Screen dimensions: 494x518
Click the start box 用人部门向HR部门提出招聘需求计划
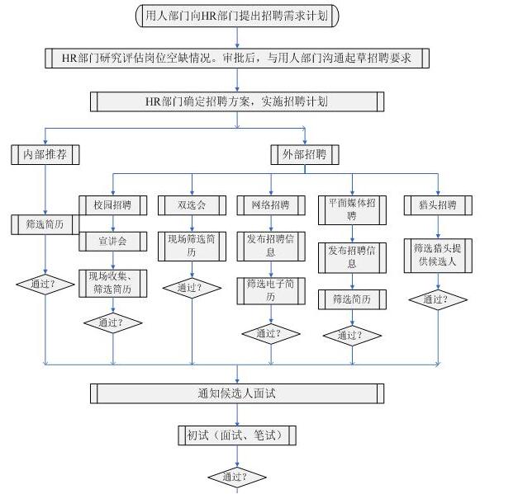[x=237, y=15]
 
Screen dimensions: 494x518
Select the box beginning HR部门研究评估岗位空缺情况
[x=237, y=58]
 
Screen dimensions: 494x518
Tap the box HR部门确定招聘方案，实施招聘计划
[x=237, y=101]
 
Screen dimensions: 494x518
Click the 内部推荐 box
[x=45, y=154]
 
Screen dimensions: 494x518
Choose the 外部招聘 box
[x=305, y=154]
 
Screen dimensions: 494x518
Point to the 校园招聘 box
[x=113, y=205]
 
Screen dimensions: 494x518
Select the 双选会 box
[x=192, y=205]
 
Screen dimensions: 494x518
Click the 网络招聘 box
[x=270, y=205]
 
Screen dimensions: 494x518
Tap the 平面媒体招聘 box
[x=352, y=209]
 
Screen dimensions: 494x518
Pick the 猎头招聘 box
[x=437, y=205]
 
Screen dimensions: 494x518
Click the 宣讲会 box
[x=113, y=242]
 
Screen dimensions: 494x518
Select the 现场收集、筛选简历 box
[x=113, y=283]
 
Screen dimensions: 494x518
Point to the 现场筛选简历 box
[x=192, y=246]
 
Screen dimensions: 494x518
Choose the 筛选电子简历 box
[x=270, y=290]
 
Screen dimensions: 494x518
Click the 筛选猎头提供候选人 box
[x=437, y=256]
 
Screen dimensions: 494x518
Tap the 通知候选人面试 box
[x=237, y=393]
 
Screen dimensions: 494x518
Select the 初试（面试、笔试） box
[x=237, y=435]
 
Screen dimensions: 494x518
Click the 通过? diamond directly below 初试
[x=237, y=477]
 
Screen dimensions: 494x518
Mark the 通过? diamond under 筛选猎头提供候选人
[x=437, y=299]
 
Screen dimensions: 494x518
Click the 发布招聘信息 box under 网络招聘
[x=270, y=246]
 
